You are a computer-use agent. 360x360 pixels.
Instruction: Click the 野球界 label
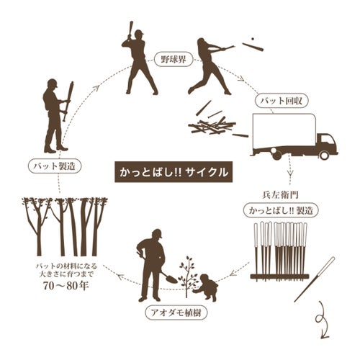(x=174, y=59)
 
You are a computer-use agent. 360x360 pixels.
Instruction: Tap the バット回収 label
(x=282, y=101)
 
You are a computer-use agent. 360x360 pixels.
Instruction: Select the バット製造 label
(x=55, y=166)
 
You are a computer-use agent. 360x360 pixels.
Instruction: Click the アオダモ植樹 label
(x=176, y=312)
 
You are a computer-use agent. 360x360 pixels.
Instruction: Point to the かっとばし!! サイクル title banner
(x=174, y=172)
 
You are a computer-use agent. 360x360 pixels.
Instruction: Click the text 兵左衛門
(x=280, y=195)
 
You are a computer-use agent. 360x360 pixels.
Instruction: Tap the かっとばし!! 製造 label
(x=281, y=210)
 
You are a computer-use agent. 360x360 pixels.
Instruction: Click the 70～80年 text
(x=66, y=286)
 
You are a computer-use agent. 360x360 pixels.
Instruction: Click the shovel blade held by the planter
(x=171, y=279)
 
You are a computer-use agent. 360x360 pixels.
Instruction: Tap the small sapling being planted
(x=187, y=276)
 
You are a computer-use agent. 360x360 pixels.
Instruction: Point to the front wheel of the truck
(x=324, y=155)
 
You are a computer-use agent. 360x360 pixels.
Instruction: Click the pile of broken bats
(x=212, y=125)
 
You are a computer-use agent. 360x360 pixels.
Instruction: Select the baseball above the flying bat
(x=252, y=39)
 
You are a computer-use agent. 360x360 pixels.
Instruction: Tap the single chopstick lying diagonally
(x=314, y=279)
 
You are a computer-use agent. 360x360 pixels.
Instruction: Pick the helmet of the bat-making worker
(x=53, y=83)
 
